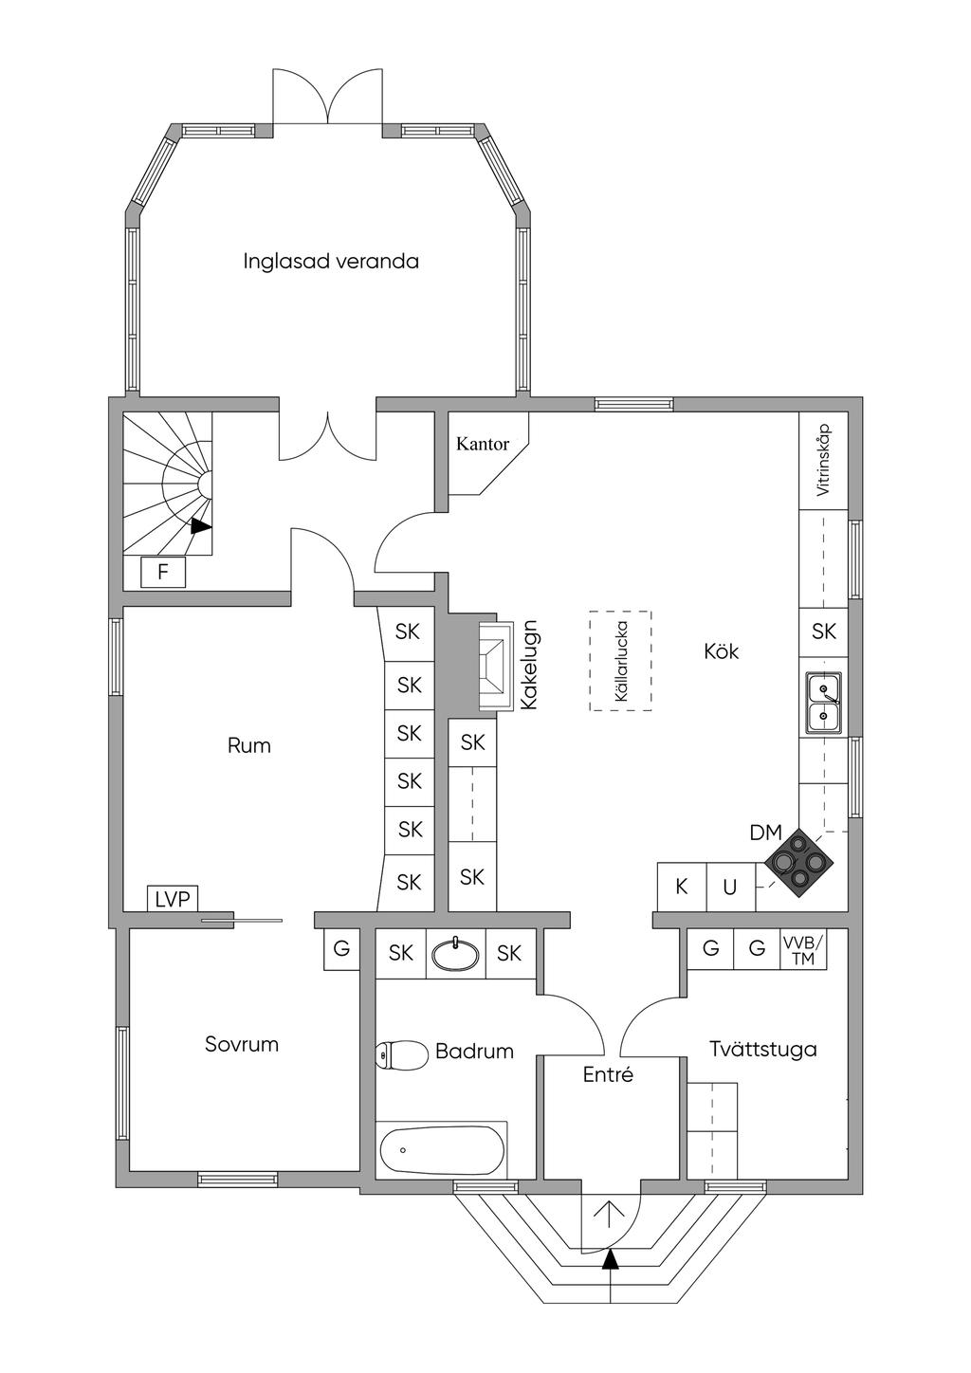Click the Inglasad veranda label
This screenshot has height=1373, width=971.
331,262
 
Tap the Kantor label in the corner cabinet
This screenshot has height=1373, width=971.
483,444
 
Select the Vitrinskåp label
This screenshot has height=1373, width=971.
823,460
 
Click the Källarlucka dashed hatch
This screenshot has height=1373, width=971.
620,661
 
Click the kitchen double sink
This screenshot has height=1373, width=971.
823,702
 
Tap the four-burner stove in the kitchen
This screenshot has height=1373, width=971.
799,863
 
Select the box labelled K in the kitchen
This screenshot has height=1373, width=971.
682,887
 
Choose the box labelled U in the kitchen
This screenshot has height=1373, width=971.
731,887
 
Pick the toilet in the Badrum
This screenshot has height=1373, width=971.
401,1054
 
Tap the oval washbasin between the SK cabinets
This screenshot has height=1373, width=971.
454,954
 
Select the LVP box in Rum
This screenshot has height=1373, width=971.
173,899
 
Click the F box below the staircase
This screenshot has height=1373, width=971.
163,573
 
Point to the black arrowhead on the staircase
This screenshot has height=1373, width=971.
201,526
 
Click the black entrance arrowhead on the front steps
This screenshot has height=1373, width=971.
610,1259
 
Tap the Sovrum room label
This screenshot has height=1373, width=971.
242,1044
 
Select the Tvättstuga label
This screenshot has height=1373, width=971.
763,1050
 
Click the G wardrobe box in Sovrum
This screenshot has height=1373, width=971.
341,950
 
